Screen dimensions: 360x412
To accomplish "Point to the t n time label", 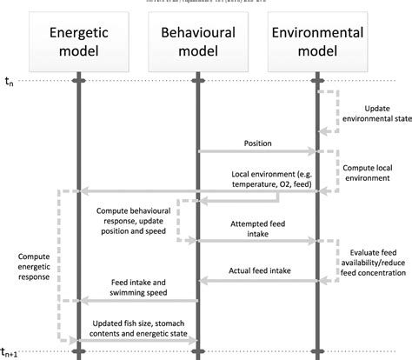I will click(10, 83).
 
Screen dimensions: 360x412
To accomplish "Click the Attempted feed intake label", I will click(258, 223).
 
